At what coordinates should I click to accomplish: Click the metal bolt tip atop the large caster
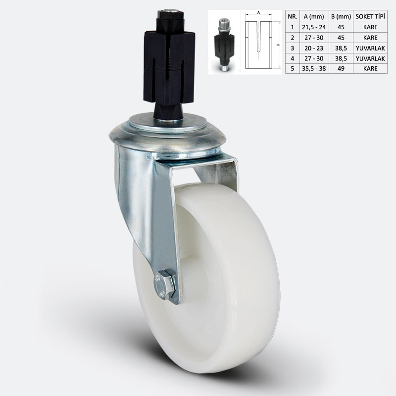tap(168, 11)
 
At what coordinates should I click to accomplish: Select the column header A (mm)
tap(314, 17)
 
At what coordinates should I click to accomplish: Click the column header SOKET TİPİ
tap(370, 17)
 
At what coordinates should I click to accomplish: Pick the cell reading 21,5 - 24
tap(314, 27)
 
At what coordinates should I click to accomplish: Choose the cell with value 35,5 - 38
tap(314, 68)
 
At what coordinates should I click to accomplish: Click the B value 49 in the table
tap(341, 68)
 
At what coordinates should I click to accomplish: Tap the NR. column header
tap(293, 17)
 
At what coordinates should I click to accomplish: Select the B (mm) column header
tap(341, 17)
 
